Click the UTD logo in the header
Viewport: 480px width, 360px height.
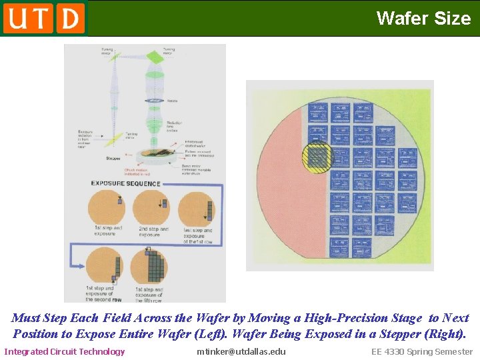pos(44,18)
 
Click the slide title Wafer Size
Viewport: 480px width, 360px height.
pos(423,18)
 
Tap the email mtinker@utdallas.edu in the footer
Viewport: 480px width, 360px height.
pos(241,351)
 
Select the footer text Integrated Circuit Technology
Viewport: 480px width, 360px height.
pos(65,351)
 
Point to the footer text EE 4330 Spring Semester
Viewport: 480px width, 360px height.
pos(422,351)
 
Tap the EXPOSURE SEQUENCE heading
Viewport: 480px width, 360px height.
pos(125,183)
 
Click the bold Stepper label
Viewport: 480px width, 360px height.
pos(113,159)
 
